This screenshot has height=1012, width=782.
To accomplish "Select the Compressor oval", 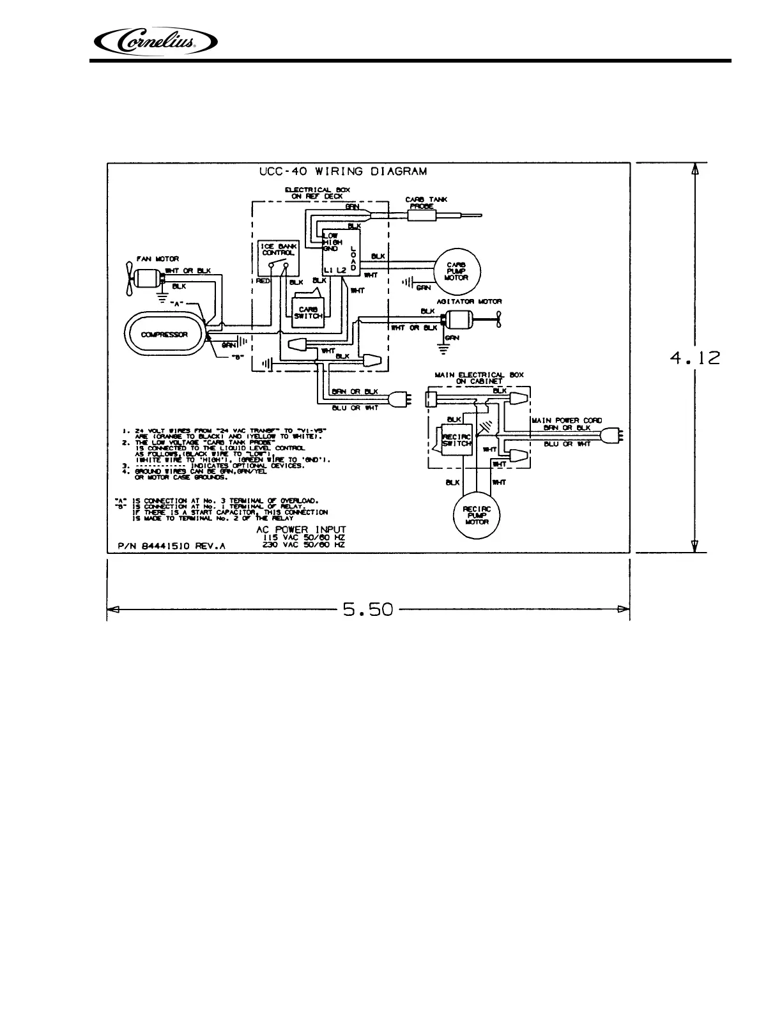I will tap(164, 334).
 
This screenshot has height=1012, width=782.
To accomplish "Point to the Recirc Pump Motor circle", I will tap(477, 514).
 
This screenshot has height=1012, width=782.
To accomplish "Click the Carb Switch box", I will tap(309, 313).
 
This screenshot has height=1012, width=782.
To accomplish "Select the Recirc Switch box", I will tap(457, 439).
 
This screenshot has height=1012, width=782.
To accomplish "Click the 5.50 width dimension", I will tap(367, 609).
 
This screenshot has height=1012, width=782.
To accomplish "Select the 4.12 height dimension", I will tap(695, 358).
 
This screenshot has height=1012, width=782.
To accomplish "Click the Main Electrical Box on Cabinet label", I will tap(479, 378).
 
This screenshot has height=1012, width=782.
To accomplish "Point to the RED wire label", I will tap(263, 280).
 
